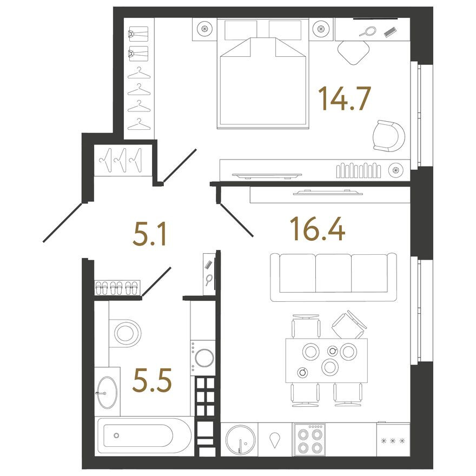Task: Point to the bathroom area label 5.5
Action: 153,381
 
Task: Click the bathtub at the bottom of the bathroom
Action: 143,435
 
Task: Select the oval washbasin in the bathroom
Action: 106,392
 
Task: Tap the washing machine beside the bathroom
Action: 204,358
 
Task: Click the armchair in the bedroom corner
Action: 388,136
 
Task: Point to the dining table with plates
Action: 326,360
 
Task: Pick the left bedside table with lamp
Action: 204,29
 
